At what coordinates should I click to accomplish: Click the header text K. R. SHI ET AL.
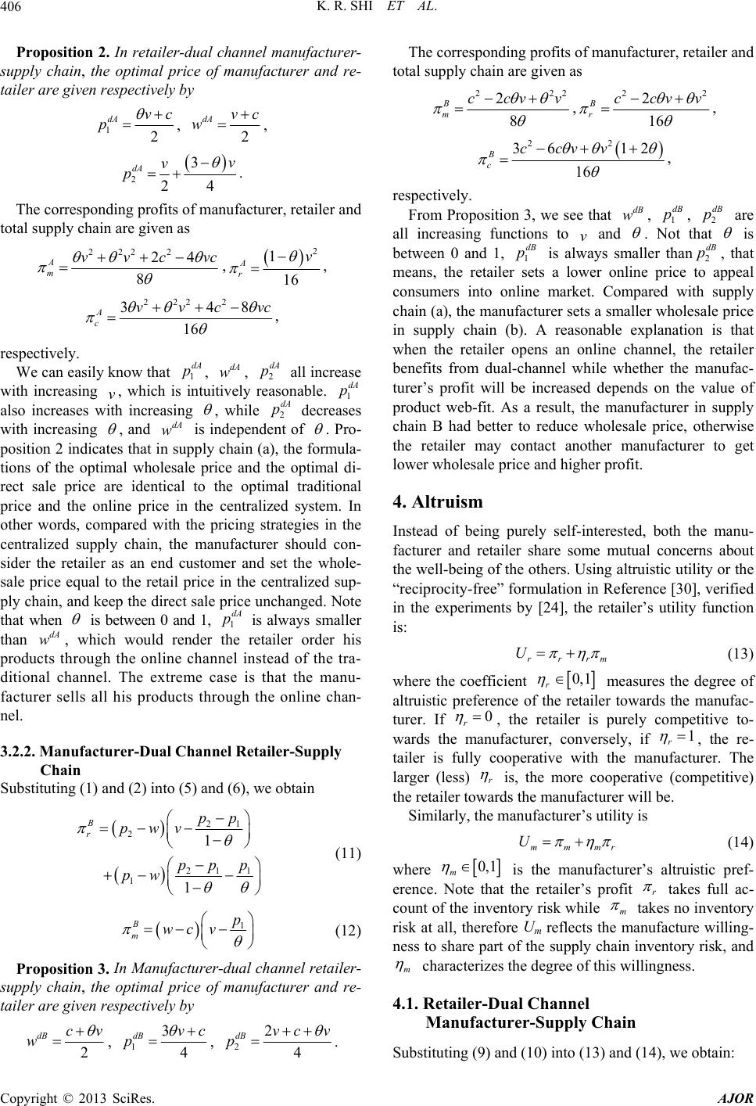[377, 10]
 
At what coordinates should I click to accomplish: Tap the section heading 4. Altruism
[442, 501]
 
